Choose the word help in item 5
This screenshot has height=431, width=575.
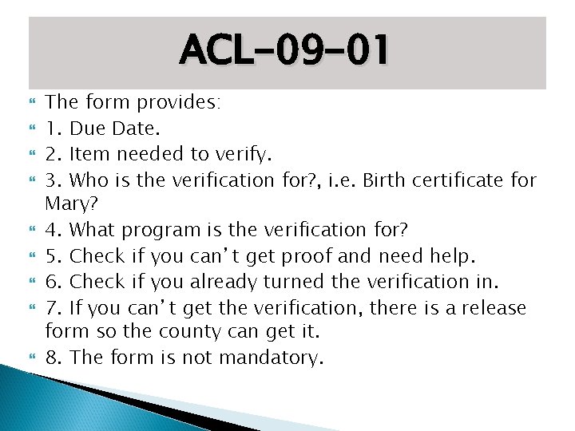coord(451,256)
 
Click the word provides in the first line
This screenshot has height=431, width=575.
coord(179,101)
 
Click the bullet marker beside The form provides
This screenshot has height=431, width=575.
coord(33,102)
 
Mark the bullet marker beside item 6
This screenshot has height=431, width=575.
coord(33,282)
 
